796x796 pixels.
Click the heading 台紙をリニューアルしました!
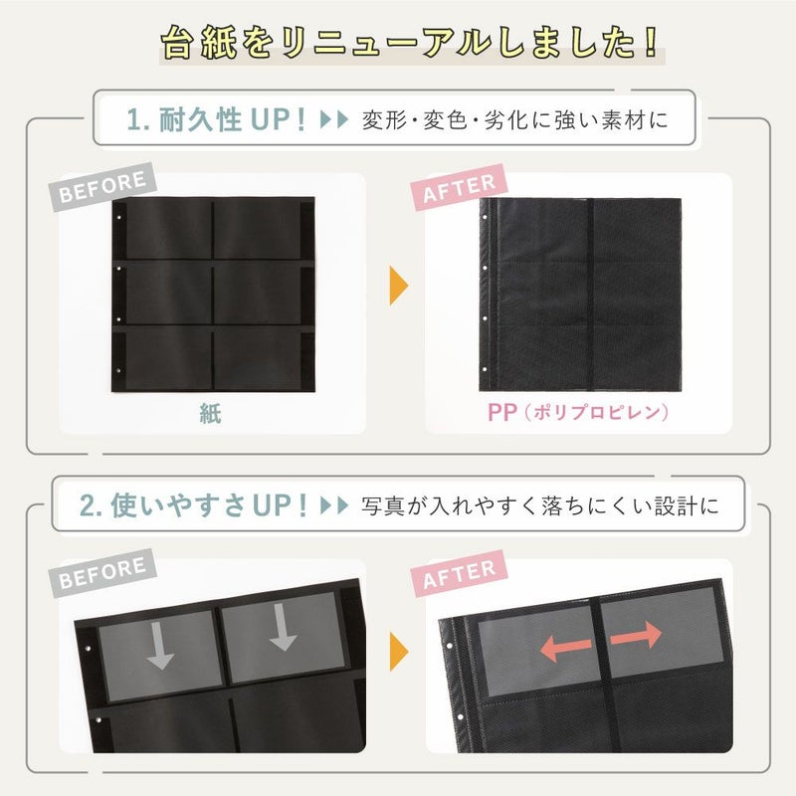pyautogui.click(x=410, y=42)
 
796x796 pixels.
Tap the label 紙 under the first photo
pyautogui.click(x=209, y=413)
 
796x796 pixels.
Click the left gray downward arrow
pyautogui.click(x=158, y=646)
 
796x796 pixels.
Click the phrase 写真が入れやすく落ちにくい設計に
pyautogui.click(x=538, y=506)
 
